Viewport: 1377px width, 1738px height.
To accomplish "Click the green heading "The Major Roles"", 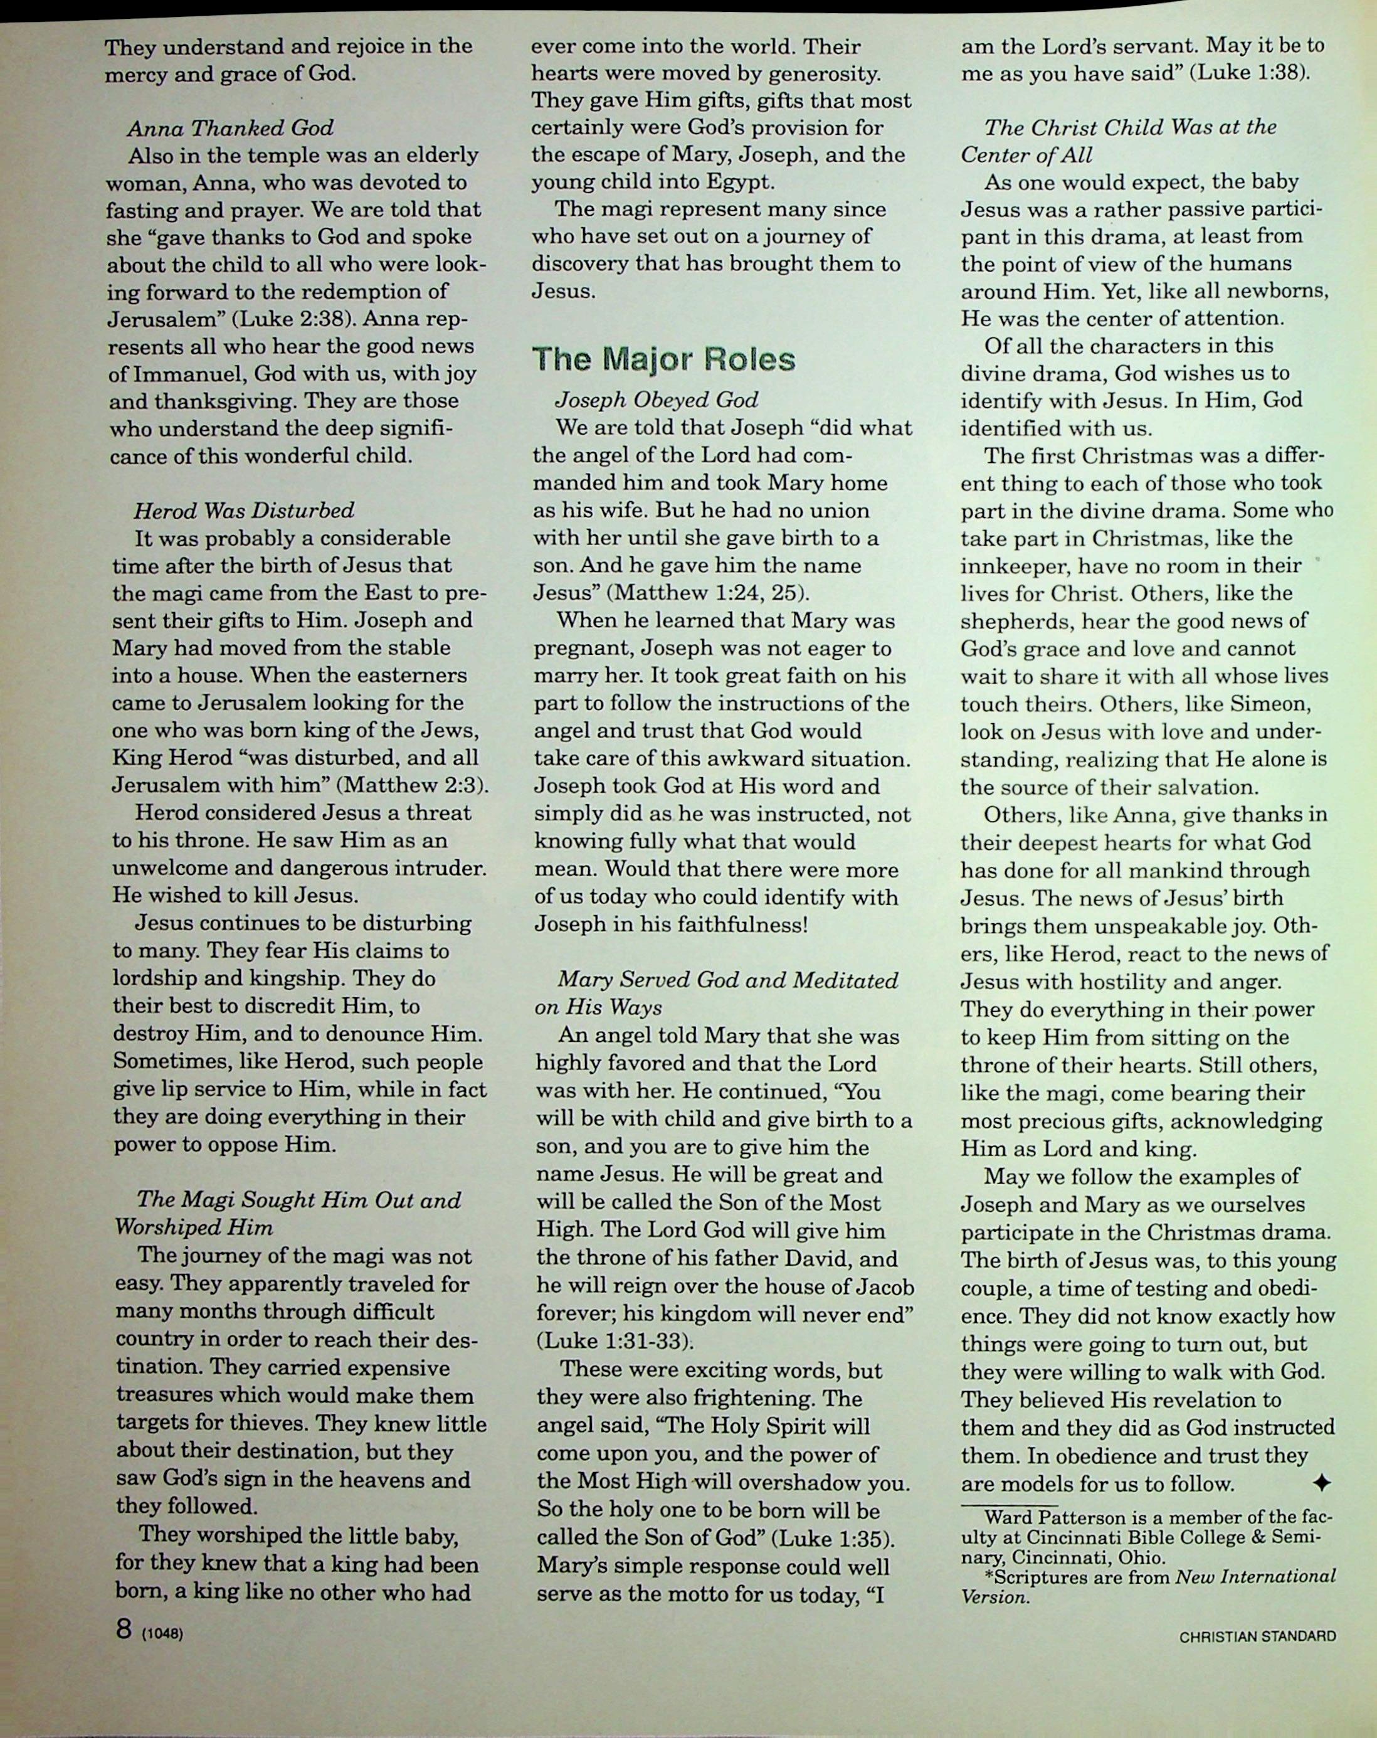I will tap(664, 359).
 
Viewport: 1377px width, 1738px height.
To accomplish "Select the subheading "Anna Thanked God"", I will tap(229, 128).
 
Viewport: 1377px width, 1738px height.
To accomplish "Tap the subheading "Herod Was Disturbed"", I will tap(243, 511).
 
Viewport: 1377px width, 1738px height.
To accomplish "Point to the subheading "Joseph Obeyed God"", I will tap(656, 400).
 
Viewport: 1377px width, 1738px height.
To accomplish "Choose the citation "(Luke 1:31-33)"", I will tap(615, 1342).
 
